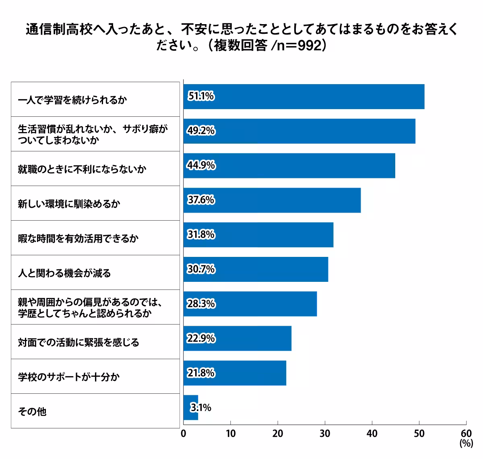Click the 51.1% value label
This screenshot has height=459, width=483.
coord(201,96)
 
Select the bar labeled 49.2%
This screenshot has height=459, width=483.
coord(299,131)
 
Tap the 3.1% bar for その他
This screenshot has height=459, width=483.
coord(190,408)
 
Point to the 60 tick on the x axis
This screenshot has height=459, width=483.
coord(466,433)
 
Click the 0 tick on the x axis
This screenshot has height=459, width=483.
coord(184,433)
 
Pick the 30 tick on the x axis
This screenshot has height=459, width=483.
coord(325,433)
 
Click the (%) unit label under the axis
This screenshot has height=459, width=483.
coord(466,443)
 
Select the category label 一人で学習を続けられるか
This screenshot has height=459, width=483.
coord(72,100)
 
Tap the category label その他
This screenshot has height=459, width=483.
coord(32,411)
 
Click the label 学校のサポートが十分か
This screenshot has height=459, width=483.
coord(69,377)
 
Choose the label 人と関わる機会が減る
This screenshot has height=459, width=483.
coord(64,273)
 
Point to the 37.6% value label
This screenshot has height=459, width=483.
coord(201,200)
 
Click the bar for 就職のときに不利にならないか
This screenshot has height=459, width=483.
coord(289,165)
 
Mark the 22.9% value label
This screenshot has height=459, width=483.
coord(201,339)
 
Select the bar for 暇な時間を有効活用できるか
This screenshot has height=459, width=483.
coord(258,235)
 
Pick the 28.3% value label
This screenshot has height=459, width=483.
coord(201,304)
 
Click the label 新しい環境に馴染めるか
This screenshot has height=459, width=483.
coord(69,204)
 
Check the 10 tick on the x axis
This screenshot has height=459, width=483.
coord(231,433)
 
